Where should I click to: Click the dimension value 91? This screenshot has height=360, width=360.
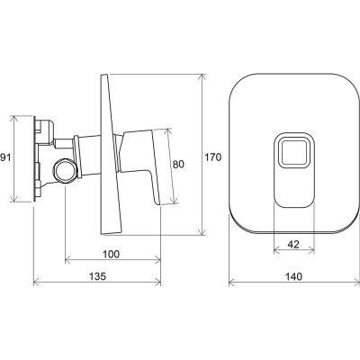click(x=5, y=157)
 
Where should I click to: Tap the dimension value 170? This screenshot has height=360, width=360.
click(x=213, y=157)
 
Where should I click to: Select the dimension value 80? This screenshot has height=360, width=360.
click(x=178, y=164)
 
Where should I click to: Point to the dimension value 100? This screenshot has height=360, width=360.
click(x=112, y=254)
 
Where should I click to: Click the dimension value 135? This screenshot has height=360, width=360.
click(x=98, y=276)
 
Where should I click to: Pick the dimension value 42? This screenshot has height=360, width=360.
click(x=293, y=245)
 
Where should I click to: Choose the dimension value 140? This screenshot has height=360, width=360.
click(x=294, y=276)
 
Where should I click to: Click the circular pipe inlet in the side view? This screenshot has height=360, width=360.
click(x=65, y=170)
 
